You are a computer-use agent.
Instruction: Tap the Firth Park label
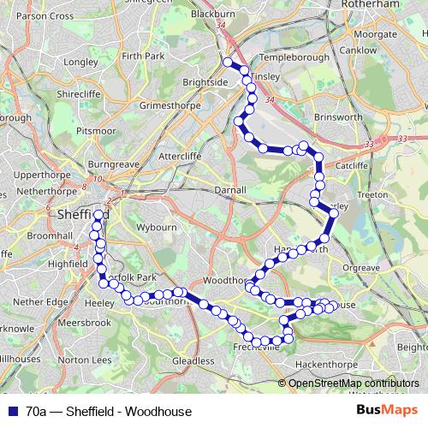[142, 56]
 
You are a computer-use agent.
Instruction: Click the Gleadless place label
[193, 362]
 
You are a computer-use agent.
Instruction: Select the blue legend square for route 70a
[13, 411]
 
